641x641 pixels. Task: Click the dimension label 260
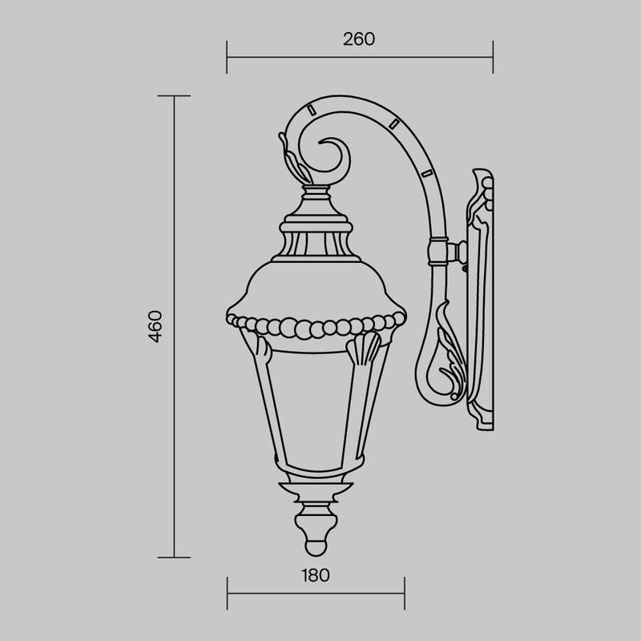[359, 39]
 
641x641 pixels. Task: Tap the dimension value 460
[155, 326]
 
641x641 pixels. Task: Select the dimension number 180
[315, 575]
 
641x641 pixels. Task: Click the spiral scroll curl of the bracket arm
[333, 155]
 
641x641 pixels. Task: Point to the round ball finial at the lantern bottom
[316, 547]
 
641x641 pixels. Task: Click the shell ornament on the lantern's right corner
[363, 348]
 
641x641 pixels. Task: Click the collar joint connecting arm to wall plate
[438, 252]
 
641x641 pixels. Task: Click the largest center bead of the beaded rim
[304, 329]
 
